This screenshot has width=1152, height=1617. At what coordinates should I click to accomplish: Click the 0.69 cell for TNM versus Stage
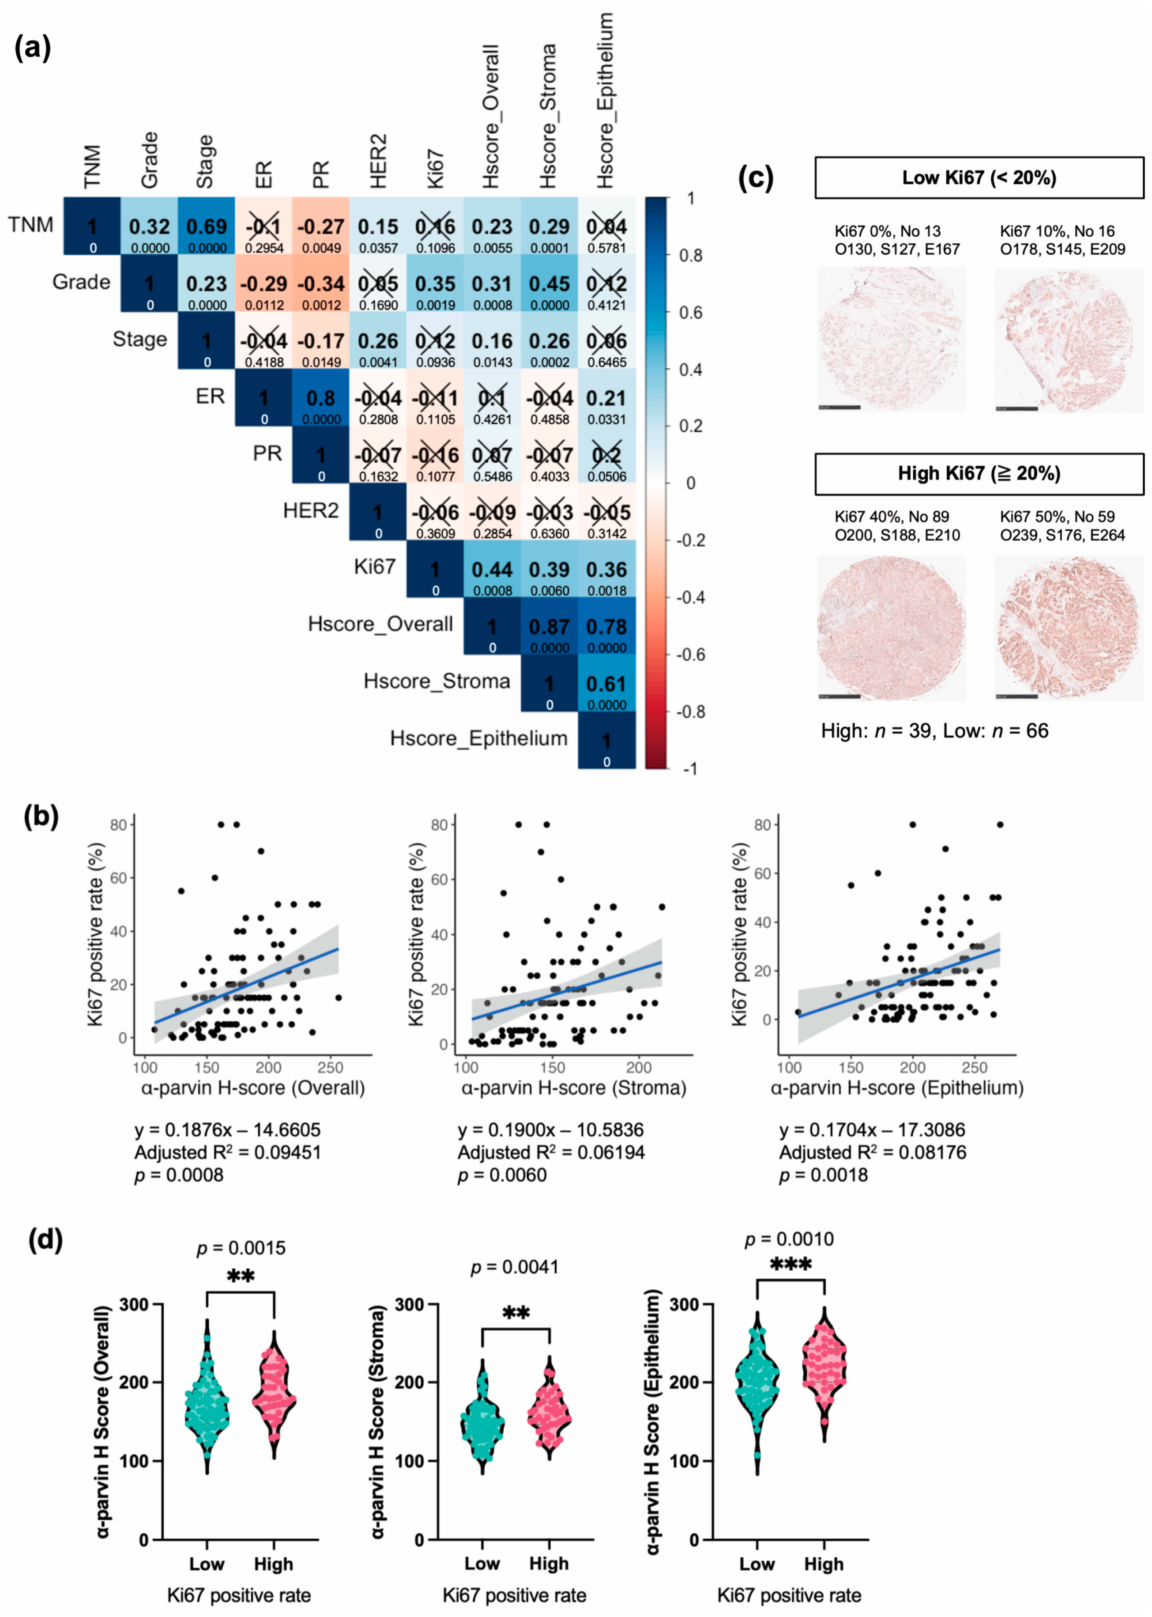[207, 227]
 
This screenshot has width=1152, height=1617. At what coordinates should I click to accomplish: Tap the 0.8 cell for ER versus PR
[320, 398]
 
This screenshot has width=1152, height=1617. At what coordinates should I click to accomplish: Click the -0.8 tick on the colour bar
[690, 712]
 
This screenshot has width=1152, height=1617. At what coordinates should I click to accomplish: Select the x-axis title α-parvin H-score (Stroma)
[573, 1088]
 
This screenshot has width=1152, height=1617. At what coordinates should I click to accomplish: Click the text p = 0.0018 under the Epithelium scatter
[823, 1175]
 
